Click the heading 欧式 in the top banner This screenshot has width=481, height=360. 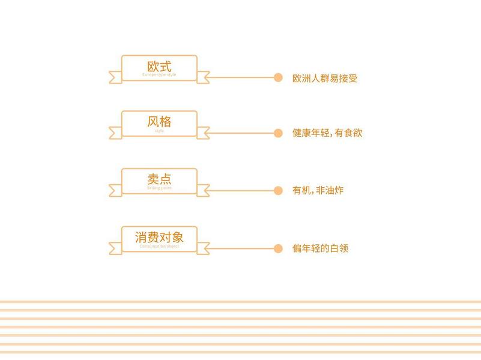click(x=159, y=66)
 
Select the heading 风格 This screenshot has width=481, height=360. click(x=159, y=122)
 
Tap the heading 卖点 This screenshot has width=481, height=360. click(x=159, y=179)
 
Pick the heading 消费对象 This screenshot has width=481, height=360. click(x=159, y=237)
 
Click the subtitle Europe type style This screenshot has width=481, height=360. click(x=159, y=75)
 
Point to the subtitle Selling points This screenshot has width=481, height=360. click(x=159, y=188)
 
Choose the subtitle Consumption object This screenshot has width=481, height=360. click(x=159, y=246)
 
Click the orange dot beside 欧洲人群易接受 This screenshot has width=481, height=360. click(x=278, y=77)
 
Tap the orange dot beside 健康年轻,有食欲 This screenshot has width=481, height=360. click(x=278, y=133)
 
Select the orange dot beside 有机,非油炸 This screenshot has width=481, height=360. click(x=278, y=191)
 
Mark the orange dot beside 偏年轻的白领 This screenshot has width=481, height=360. click(x=278, y=248)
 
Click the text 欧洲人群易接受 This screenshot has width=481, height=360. click(x=325, y=78)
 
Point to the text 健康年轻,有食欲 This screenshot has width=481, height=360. click(x=327, y=133)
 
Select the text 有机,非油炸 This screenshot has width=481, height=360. click(x=318, y=191)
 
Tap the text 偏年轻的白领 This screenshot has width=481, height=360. click(x=320, y=248)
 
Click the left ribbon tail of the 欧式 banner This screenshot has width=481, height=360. click(x=115, y=77)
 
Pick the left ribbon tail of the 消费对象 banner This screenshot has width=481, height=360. click(x=115, y=248)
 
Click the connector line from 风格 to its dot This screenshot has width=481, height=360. click(x=240, y=133)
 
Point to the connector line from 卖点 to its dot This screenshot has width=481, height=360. click(x=240, y=191)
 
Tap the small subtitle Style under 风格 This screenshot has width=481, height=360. click(x=159, y=131)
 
